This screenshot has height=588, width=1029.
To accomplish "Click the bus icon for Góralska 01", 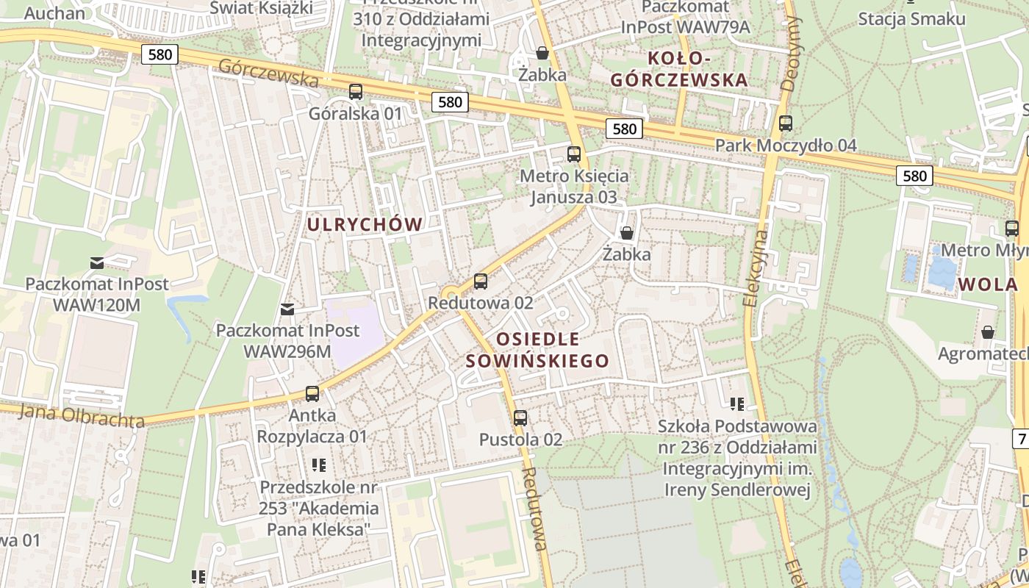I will (356, 92).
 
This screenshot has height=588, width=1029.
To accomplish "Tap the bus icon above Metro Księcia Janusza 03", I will (574, 154).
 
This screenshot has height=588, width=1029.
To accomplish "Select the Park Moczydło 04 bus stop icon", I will (786, 123).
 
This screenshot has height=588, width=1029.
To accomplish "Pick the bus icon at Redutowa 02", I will (481, 281).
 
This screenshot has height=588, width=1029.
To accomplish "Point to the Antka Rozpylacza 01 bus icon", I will (312, 394).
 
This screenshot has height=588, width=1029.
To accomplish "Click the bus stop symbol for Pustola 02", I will (520, 418).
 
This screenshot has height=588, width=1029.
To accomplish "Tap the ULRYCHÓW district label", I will (365, 225).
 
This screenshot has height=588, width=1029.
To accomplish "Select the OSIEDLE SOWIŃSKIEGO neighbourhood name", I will (537, 350).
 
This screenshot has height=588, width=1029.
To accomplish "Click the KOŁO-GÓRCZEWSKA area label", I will (679, 69).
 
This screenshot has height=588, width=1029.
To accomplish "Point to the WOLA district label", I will (988, 284).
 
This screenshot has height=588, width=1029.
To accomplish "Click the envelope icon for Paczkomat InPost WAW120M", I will (97, 262).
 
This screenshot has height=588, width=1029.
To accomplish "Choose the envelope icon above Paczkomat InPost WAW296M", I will (287, 309).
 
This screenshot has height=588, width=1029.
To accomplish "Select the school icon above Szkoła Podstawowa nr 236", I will (737, 404).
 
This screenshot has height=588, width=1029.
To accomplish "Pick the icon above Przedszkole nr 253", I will (318, 465).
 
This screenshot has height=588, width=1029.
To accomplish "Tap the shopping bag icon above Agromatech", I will (988, 332).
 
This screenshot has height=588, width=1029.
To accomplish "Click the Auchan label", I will (54, 12).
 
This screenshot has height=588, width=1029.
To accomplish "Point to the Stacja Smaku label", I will (911, 19).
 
